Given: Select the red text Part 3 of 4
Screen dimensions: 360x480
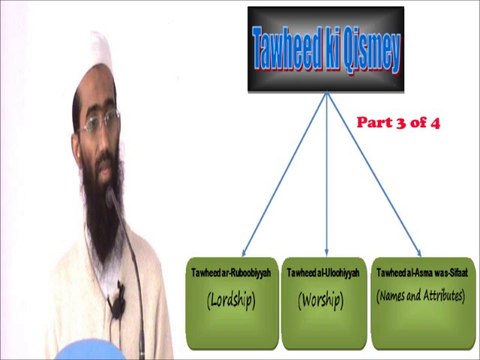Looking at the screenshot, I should pyautogui.click(x=398, y=123).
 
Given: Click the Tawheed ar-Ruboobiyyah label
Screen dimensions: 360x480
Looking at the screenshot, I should pyautogui.click(x=233, y=273).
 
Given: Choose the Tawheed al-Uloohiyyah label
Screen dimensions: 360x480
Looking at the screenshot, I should pyautogui.click(x=322, y=273).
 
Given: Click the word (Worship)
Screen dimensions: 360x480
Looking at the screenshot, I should pyautogui.click(x=321, y=298).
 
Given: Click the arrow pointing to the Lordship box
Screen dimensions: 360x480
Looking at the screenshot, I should pyautogui.click(x=284, y=175).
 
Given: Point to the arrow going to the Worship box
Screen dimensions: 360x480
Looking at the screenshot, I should pyautogui.click(x=327, y=175).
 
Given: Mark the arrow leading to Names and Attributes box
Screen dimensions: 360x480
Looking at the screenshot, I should pyautogui.click(x=372, y=175).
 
